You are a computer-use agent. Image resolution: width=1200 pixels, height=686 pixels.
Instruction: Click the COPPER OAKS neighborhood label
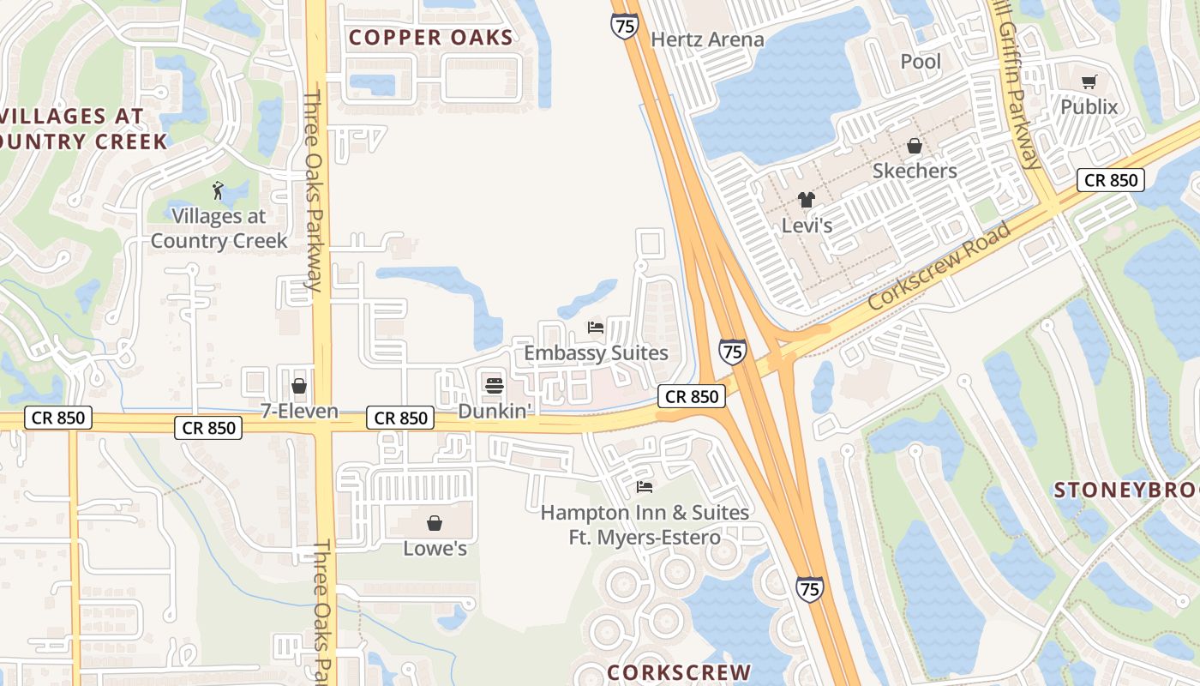(x=430, y=38)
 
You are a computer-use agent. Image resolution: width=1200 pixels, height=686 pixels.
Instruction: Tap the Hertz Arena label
(x=707, y=39)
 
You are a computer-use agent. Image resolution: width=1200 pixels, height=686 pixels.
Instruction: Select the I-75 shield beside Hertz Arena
(x=625, y=26)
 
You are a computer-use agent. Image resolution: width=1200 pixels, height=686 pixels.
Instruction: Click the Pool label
(x=921, y=62)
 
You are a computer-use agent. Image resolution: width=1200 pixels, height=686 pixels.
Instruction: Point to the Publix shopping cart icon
(x=1089, y=82)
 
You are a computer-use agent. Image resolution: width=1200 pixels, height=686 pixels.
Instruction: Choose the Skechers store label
(x=915, y=171)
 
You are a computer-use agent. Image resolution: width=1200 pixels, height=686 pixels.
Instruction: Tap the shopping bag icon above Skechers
(x=915, y=146)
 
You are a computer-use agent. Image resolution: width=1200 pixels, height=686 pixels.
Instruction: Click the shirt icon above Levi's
(x=807, y=200)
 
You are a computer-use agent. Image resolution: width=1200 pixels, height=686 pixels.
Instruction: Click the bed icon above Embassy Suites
(x=596, y=328)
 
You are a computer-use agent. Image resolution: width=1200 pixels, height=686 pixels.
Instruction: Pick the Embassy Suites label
(x=596, y=353)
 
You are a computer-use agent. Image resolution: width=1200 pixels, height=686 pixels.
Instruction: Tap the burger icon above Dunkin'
(x=494, y=386)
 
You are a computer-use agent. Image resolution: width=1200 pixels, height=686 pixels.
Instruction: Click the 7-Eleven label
(x=299, y=412)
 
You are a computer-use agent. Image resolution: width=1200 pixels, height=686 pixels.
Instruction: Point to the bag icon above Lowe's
(x=435, y=523)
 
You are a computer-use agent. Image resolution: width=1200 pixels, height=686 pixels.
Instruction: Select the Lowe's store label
(x=435, y=548)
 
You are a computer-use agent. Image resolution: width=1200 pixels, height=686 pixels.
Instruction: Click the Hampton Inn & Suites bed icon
(x=645, y=487)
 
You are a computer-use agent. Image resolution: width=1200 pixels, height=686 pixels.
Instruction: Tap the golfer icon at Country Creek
(x=218, y=190)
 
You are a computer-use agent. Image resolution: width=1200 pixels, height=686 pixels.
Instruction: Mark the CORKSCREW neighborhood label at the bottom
(x=679, y=672)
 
